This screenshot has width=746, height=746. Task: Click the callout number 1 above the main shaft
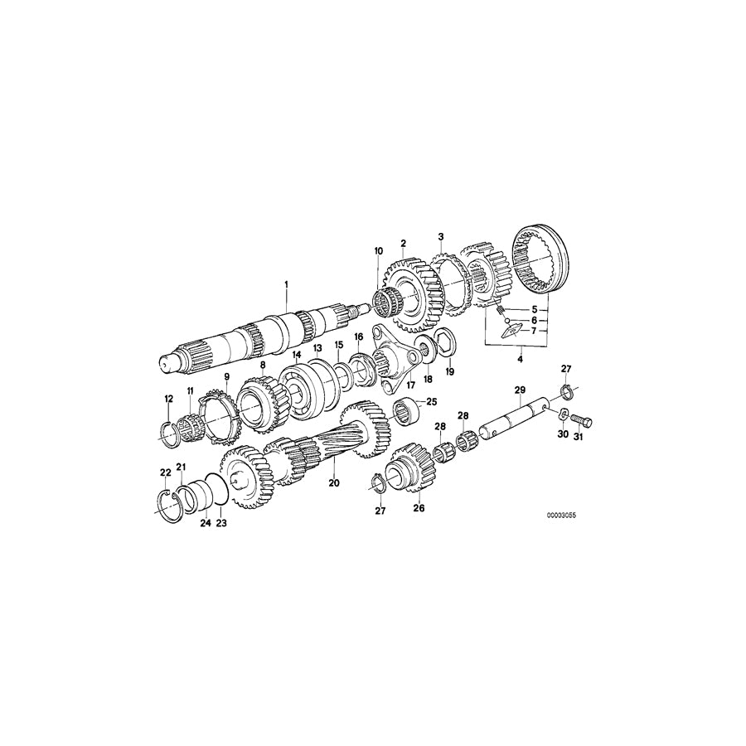(286, 284)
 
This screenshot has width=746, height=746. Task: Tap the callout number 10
(379, 250)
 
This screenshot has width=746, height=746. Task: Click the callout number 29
(520, 390)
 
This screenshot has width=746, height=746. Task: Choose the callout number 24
(204, 523)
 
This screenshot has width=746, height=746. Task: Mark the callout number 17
(409, 385)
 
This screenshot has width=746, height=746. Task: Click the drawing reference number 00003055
(561, 515)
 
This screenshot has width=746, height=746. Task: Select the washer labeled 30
(559, 414)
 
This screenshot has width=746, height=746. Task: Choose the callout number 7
(535, 331)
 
